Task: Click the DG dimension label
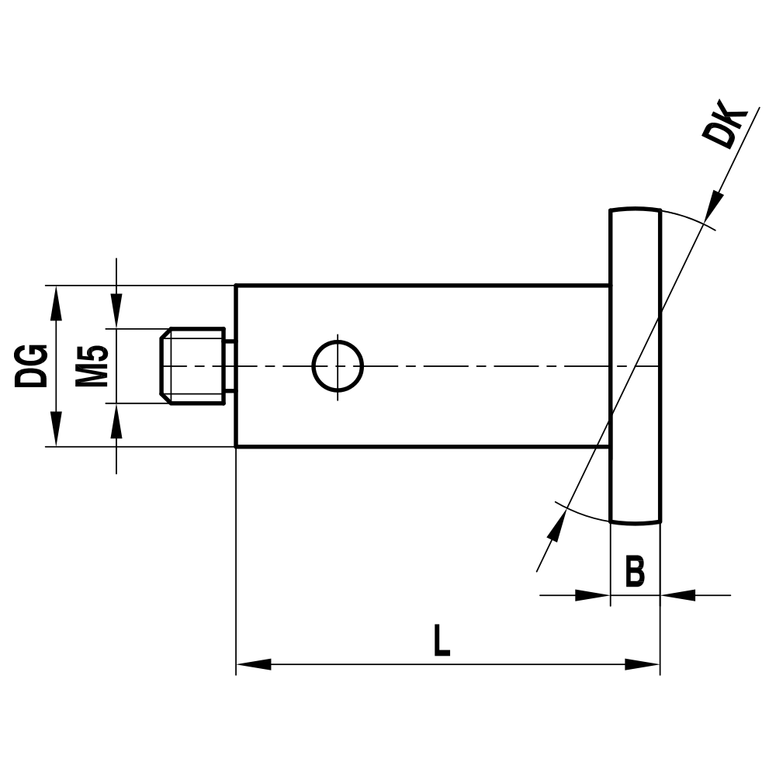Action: click(x=33, y=365)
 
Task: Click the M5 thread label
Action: click(x=92, y=365)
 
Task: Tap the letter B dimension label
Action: click(x=635, y=572)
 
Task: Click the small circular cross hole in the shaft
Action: click(x=338, y=365)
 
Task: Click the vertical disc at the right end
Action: click(x=636, y=365)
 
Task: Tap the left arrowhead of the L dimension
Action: click(x=253, y=664)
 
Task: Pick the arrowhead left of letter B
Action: click(x=591, y=595)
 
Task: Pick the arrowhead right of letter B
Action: click(x=678, y=595)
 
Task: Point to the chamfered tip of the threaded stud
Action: click(x=164, y=365)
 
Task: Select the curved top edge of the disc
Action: click(x=636, y=209)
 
